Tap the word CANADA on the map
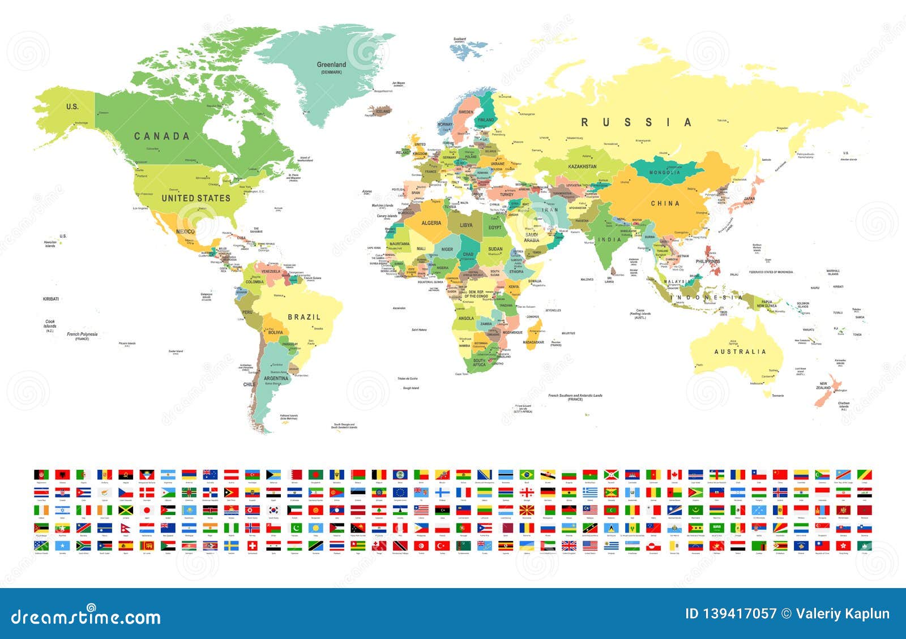[x=161, y=136]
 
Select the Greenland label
[x=331, y=65]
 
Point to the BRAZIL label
[x=304, y=317]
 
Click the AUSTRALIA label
[x=740, y=351]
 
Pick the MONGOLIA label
[x=665, y=173]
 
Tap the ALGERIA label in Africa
[x=431, y=223]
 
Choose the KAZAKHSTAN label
[x=582, y=166]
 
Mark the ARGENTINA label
[x=276, y=378]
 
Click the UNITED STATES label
[x=196, y=198]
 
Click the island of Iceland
[x=381, y=110]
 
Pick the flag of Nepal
[x=126, y=528]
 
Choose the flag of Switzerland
[x=253, y=546]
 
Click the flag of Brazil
[x=527, y=474]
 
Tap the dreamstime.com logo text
[x=86, y=616]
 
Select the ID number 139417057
[x=730, y=614]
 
